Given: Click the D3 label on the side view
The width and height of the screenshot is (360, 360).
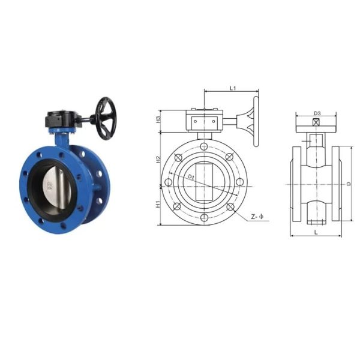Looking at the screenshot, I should tap(317, 113).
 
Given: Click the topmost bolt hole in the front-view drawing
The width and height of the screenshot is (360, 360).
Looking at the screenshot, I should tap(204, 146).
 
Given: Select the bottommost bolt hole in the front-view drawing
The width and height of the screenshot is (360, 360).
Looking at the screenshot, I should tap(204, 217).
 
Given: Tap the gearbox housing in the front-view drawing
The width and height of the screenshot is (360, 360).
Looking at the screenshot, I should tap(204, 122).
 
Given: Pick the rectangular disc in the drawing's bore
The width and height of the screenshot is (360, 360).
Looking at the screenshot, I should tap(204, 182).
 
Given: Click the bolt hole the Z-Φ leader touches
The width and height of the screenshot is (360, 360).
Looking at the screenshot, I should tap(230, 208).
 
